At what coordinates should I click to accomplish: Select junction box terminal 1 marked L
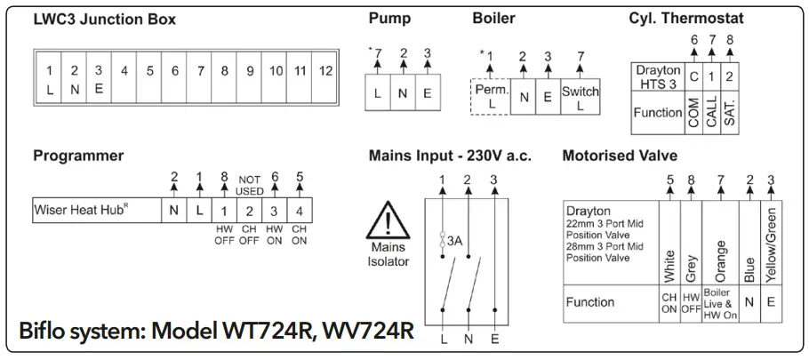click(x=49, y=78)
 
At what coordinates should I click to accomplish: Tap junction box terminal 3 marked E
click(x=99, y=78)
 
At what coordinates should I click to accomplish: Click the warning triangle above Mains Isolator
click(x=388, y=219)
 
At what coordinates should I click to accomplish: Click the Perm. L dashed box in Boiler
click(x=491, y=96)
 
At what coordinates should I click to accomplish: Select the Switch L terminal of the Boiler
click(x=581, y=96)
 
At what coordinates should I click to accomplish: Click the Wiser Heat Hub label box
click(x=96, y=211)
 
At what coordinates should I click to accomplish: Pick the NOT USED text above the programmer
click(x=250, y=183)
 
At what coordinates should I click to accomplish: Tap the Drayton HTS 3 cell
click(x=658, y=76)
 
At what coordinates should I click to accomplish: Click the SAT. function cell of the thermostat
click(x=730, y=113)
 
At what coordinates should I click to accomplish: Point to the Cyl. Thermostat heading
click(x=686, y=19)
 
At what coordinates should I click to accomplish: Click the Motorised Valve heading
click(x=620, y=156)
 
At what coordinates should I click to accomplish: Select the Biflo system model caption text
click(x=216, y=332)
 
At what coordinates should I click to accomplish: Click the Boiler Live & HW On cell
click(x=719, y=302)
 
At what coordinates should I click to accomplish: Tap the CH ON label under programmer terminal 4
click(x=300, y=236)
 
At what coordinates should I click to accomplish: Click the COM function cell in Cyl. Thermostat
click(x=693, y=113)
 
